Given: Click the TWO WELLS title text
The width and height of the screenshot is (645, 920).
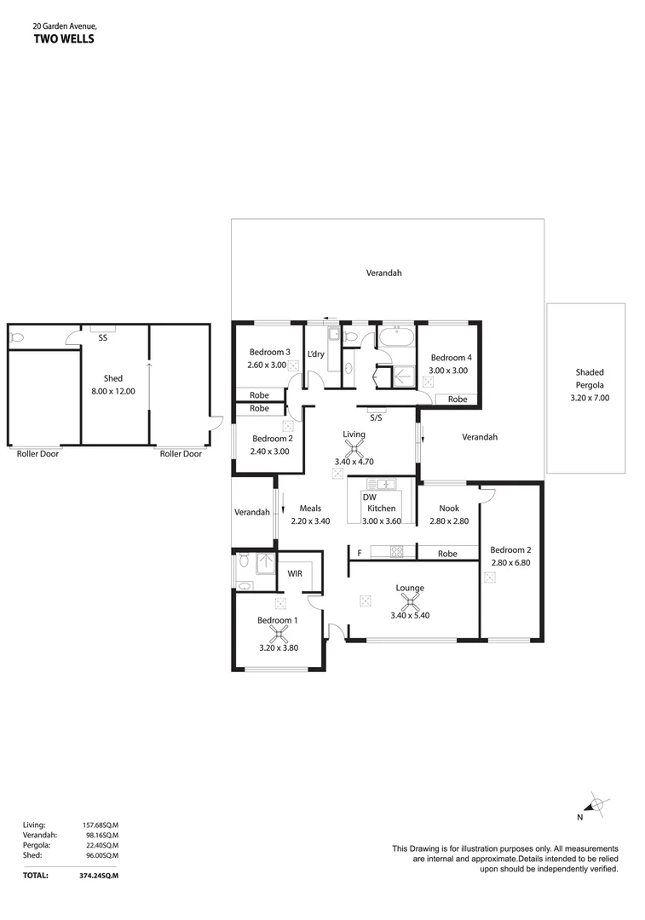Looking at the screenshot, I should pos(64,38).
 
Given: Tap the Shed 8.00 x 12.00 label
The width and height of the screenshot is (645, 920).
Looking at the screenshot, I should pos(113,385).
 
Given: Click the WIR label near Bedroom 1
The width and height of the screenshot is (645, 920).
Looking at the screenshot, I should pos(295,573).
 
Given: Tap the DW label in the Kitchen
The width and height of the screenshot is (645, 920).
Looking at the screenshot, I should pos(369,497).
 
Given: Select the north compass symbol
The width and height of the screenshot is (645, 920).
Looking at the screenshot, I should pos(595,804).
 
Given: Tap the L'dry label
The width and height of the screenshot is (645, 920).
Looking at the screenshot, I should pos(315,354).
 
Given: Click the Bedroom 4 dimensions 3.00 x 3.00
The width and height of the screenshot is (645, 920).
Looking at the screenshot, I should pos(449,371).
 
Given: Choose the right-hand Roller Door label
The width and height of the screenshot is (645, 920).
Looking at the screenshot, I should pos(181,454).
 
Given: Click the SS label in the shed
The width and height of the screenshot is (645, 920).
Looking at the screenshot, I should pos(103,338).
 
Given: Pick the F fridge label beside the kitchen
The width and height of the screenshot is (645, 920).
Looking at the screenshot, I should pos(359,554).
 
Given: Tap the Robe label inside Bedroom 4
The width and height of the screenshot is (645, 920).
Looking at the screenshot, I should pos(458,399).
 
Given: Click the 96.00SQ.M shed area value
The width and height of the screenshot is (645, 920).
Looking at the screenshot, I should pos(101,855).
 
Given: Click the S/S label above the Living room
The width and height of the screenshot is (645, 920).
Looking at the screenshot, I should pos(376,417).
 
